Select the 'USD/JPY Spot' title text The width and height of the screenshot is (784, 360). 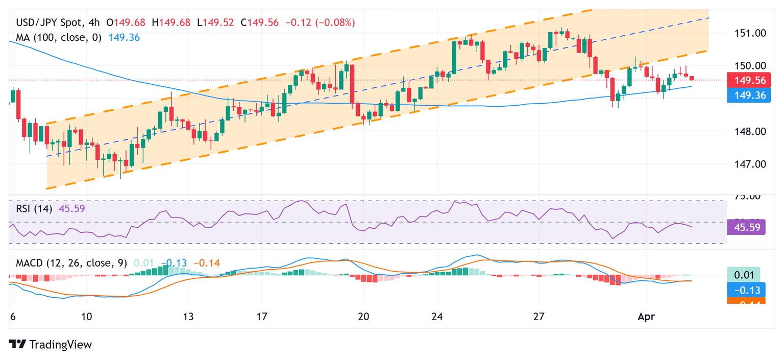(x=49, y=23)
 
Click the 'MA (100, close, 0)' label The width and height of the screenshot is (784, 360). (x=59, y=37)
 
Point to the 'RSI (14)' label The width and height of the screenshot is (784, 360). (x=34, y=208)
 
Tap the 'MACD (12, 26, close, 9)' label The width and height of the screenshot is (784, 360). (x=71, y=263)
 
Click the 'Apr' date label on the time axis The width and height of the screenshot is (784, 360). (x=646, y=317)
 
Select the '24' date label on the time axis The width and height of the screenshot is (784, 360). (x=436, y=317)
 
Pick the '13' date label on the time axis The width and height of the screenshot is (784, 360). (x=188, y=317)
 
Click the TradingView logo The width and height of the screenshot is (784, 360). (x=51, y=345)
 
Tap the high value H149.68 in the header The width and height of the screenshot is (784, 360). (x=177, y=23)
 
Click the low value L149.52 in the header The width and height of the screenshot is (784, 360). (x=217, y=23)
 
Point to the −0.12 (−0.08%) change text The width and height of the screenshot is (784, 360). (x=320, y=23)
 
